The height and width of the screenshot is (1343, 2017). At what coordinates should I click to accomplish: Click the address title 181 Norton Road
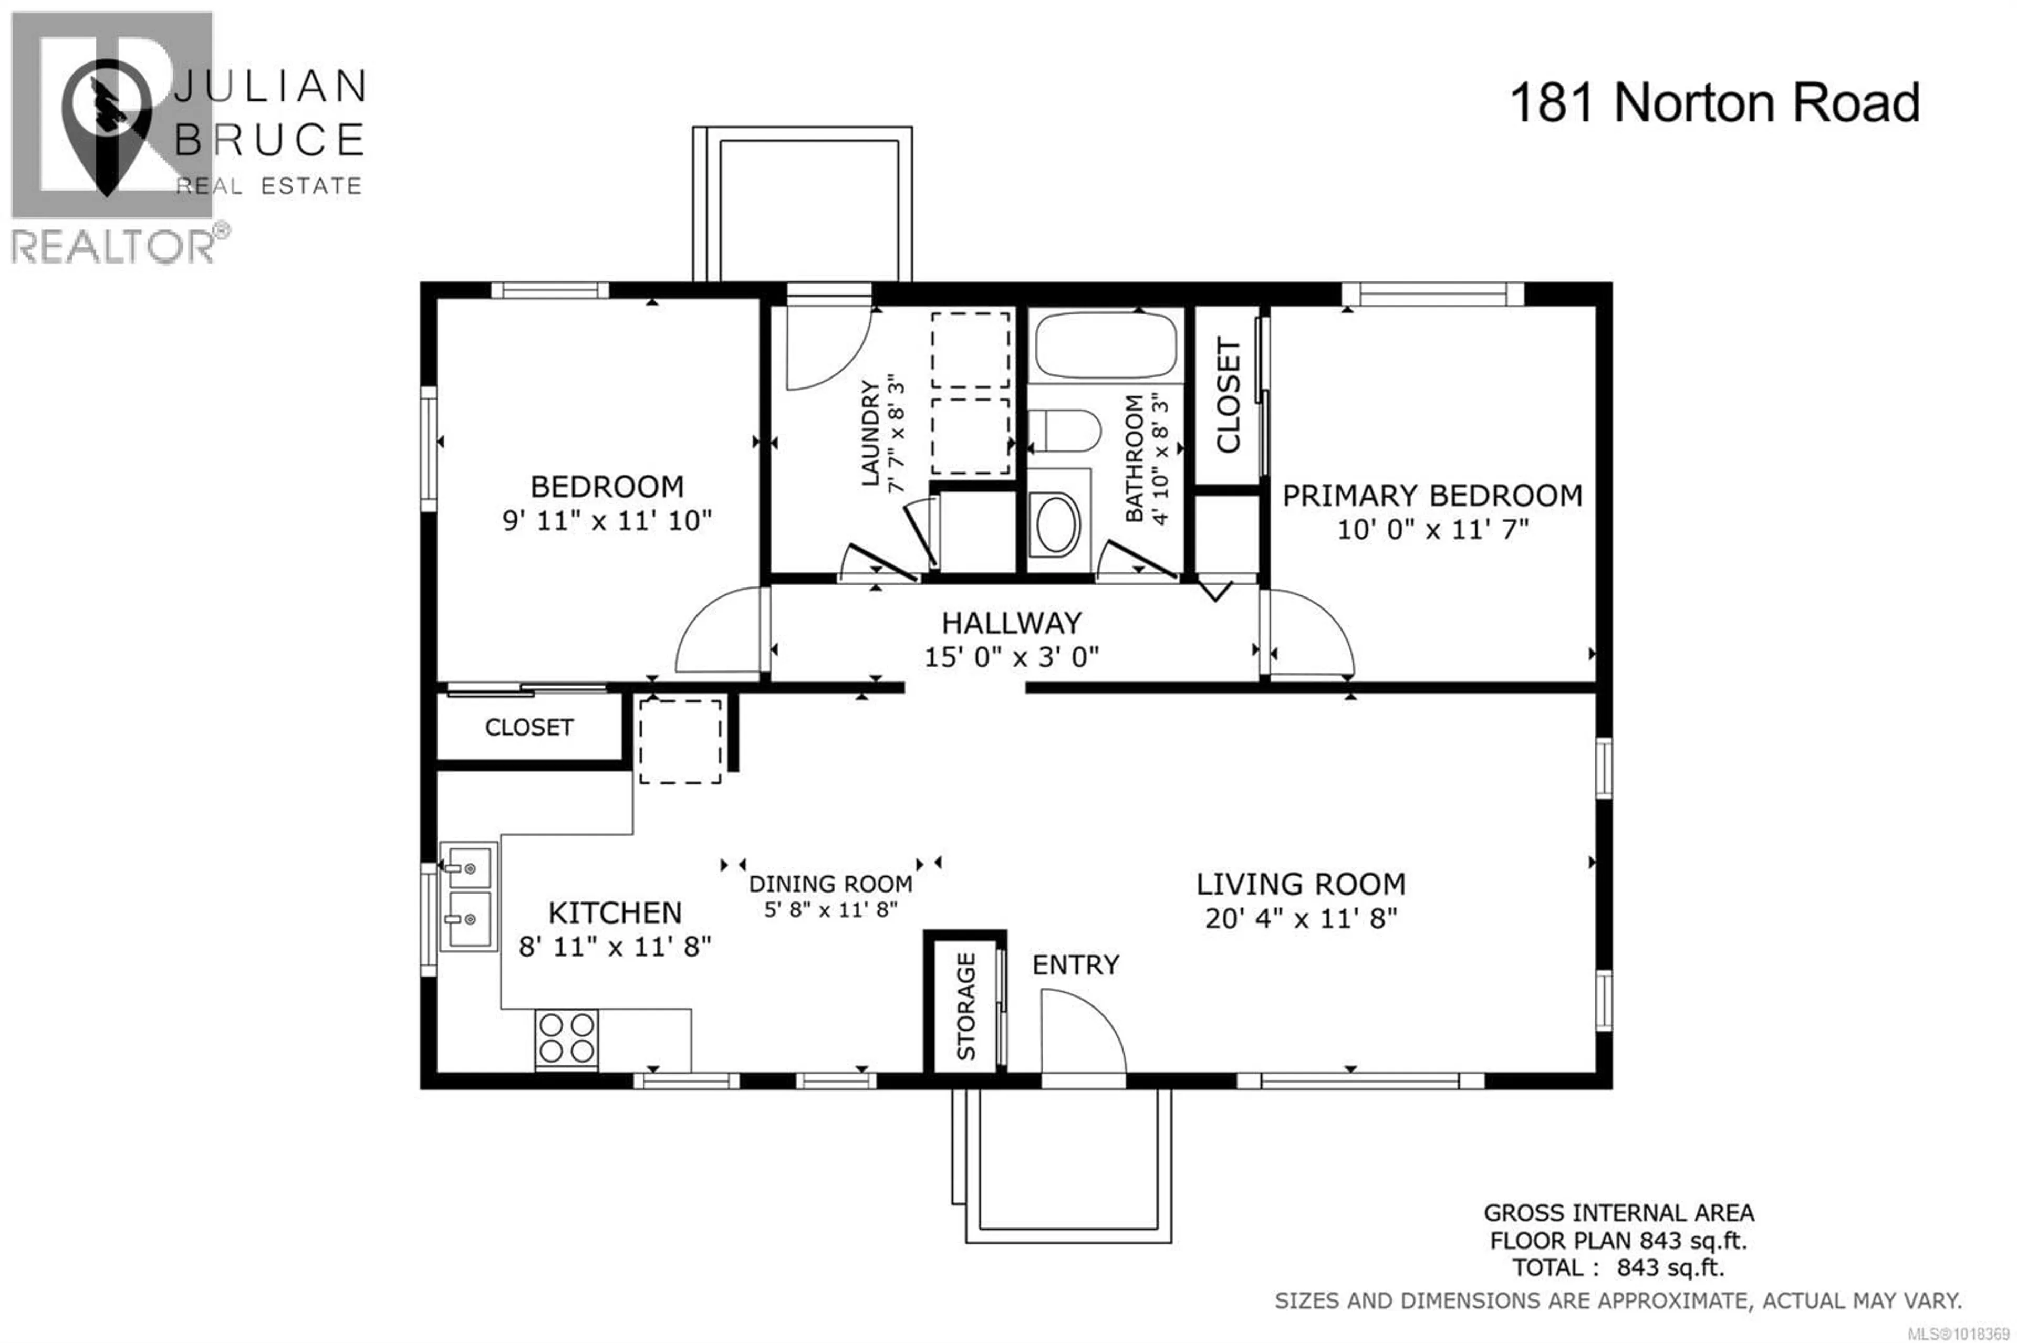click(1714, 103)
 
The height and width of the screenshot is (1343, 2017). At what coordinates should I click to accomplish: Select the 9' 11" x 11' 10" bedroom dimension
click(607, 521)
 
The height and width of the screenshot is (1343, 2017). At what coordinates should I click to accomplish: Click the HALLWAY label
click(1011, 623)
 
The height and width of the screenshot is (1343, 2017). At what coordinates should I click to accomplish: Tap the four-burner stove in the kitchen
click(566, 1039)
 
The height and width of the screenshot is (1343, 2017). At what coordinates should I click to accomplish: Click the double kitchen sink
click(469, 896)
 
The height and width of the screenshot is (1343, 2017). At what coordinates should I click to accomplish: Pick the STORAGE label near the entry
click(965, 1006)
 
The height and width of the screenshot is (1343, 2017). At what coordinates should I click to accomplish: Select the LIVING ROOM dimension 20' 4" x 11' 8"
click(1301, 919)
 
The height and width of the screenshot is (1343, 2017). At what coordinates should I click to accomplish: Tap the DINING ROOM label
click(830, 884)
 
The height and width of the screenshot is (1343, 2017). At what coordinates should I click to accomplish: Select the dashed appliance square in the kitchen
click(680, 741)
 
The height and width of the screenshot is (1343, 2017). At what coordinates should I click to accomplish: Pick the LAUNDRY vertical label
click(870, 433)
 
